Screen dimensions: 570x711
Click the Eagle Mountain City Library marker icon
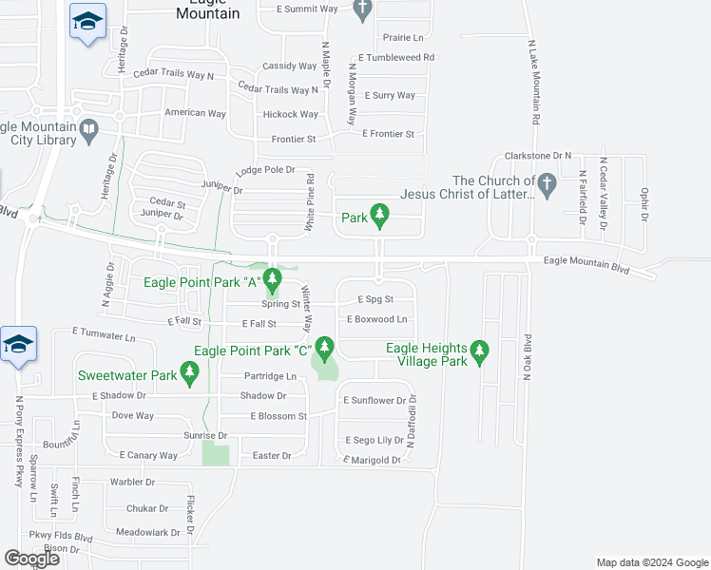88,128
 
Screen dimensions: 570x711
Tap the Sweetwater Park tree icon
190,376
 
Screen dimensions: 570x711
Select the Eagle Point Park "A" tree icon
273,280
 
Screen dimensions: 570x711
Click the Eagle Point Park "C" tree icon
325,349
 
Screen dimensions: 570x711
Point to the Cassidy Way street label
290,66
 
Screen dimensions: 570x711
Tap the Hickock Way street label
290,115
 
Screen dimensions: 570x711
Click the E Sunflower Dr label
375,401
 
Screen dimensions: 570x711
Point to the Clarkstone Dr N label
538,155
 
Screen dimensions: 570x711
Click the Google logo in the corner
31,559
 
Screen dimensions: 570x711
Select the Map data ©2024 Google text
651,562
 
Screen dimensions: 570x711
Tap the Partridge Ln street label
270,376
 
